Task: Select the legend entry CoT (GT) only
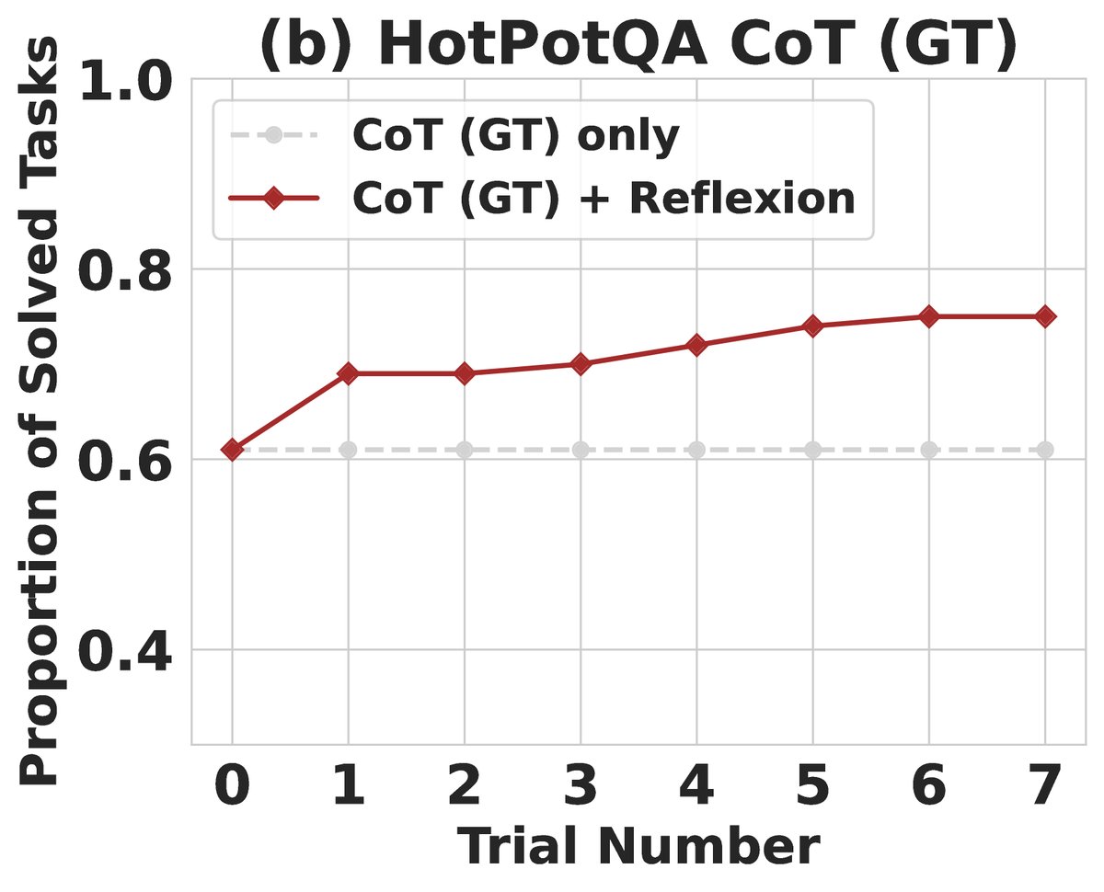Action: [515, 136]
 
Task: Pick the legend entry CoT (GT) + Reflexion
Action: [604, 199]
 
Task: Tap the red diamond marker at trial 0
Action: [232, 450]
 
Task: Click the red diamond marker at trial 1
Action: [348, 373]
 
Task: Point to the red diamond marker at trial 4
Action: [696, 345]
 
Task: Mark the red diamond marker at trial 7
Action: [1045, 316]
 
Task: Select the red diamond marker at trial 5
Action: [812, 326]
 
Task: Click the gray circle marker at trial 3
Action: [581, 450]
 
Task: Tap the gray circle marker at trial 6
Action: [929, 450]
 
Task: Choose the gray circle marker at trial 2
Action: [465, 450]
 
